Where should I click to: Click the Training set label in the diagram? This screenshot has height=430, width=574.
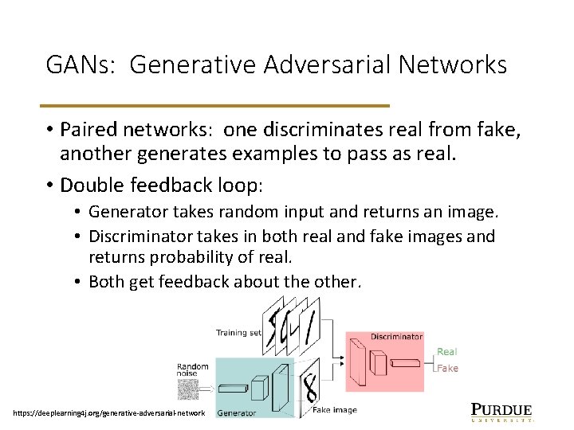pyautogui.click(x=238, y=332)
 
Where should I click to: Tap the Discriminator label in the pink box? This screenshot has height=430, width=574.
pyautogui.click(x=396, y=337)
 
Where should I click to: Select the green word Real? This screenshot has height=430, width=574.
pyautogui.click(x=447, y=351)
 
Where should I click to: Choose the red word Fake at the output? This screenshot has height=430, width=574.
pyautogui.click(x=447, y=368)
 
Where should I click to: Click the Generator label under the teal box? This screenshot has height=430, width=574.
pyautogui.click(x=237, y=412)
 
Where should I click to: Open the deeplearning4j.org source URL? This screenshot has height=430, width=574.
pyautogui.click(x=109, y=412)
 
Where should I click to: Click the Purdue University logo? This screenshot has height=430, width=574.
pyautogui.click(x=501, y=411)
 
